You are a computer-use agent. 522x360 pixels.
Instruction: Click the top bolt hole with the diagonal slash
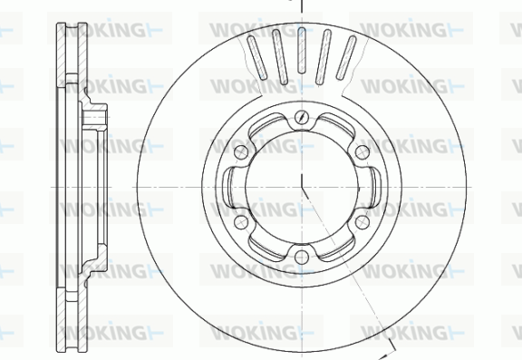pos(301,117)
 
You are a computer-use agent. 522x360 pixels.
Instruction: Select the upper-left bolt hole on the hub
pos(241,151)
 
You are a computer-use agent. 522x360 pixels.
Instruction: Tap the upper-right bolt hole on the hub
pos(362,151)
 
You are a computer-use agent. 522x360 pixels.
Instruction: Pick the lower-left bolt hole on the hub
pos(241,222)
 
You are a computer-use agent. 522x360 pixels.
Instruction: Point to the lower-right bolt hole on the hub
pos(362,222)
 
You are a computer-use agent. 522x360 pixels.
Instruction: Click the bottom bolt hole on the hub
pos(301,257)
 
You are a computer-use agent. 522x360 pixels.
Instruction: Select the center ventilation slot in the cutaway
pos(302,50)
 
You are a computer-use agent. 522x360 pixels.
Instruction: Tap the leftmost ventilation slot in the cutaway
pos(256,58)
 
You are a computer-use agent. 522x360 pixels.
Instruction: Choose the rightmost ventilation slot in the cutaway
pos(346,58)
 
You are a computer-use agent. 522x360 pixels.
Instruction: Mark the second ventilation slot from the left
pos(280,57)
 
